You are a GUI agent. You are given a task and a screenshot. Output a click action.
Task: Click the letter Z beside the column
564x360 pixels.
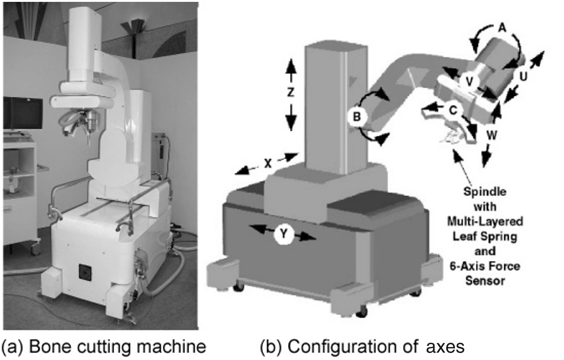coord(290,92)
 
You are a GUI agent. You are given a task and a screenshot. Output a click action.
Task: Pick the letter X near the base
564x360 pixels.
coord(268,164)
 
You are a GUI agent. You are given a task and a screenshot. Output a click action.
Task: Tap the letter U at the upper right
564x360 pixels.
coord(522,76)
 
